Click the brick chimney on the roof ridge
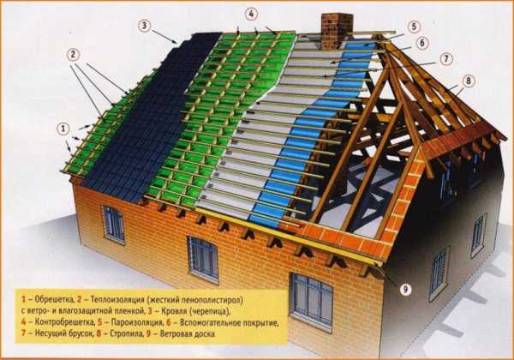point(337,31)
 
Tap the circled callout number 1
point(63,129)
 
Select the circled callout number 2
point(73,55)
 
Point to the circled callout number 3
point(144,25)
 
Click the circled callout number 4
point(251,14)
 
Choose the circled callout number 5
point(414,27)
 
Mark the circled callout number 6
point(421,43)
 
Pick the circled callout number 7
point(446,59)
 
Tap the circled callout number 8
point(468,81)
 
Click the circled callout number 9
point(405,289)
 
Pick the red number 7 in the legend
point(23,333)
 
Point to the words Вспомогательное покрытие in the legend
point(229,322)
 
